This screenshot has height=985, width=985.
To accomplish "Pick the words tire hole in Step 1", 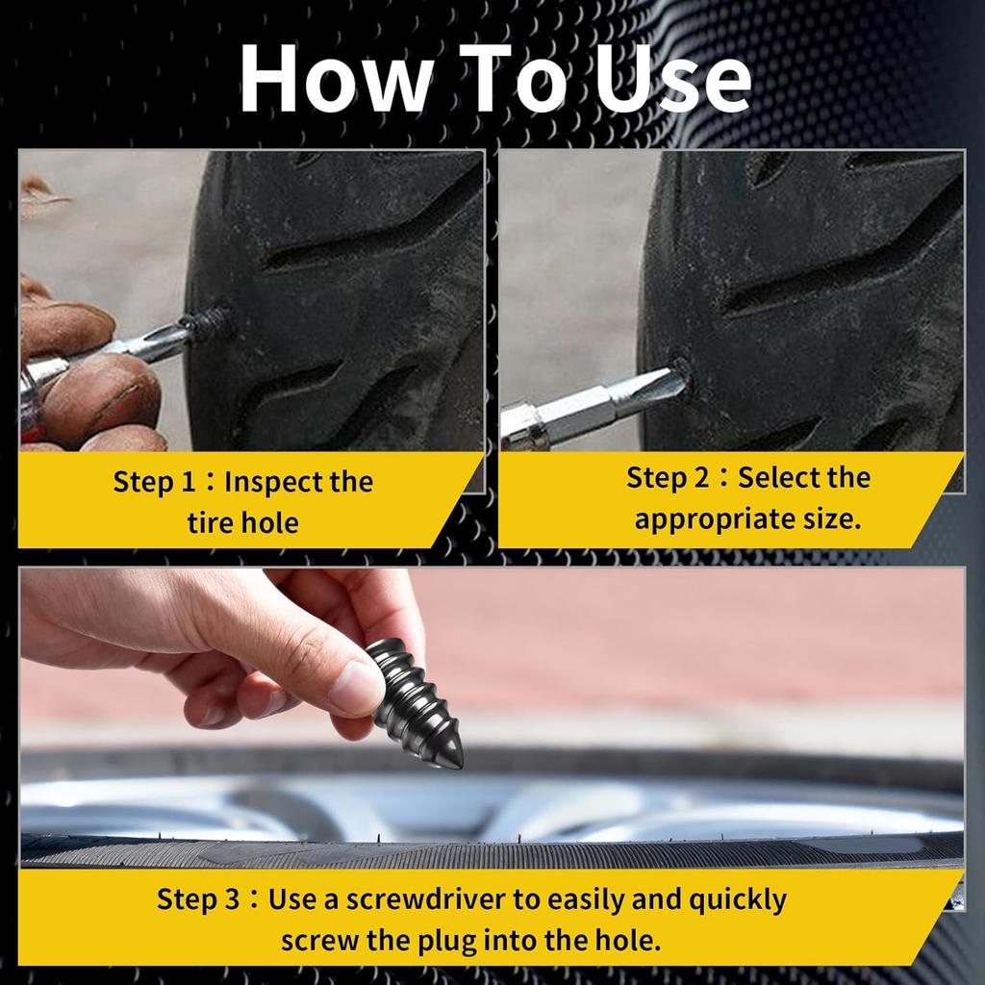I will (x=242, y=523).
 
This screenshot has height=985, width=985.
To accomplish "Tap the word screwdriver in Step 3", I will (x=427, y=899).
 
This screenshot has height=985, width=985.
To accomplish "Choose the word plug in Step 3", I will (x=486, y=940).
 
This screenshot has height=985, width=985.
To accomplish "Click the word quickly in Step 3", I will (x=738, y=899).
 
